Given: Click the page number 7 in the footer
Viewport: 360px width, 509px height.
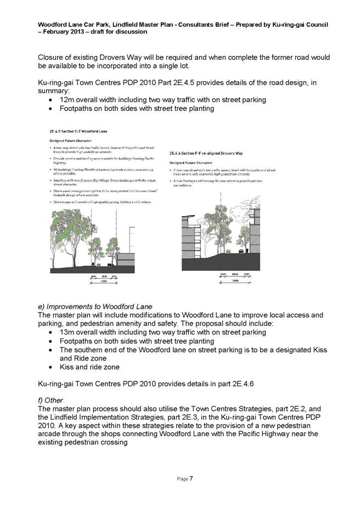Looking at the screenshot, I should [x=191, y=479].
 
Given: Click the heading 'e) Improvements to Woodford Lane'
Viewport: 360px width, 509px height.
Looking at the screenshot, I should [x=94, y=306].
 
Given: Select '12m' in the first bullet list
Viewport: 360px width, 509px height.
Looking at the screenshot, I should [x=69, y=100].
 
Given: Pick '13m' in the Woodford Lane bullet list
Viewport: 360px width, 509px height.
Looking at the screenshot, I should [x=69, y=332].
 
